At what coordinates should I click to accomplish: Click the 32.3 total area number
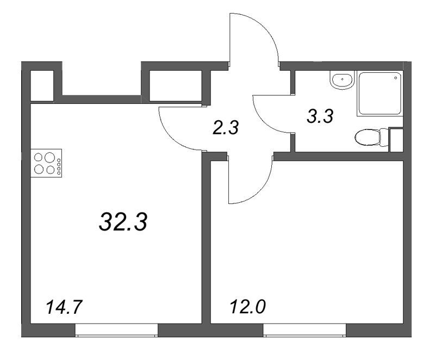coord(123,222)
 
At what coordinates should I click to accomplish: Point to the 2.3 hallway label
coord(226,128)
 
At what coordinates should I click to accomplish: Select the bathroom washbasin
coord(342,81)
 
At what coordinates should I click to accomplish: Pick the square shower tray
coord(380,93)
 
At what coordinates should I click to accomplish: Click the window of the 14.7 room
coord(116,330)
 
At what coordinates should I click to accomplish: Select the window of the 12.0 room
coord(304,330)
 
